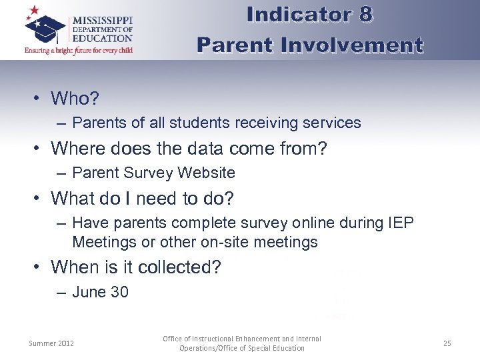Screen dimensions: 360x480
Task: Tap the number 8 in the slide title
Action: (364, 15)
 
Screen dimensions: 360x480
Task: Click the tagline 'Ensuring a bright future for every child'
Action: (79, 49)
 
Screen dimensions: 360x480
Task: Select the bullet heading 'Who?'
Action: (75, 99)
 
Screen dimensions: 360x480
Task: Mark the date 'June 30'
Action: (100, 292)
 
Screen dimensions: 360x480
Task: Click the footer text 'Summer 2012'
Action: (51, 343)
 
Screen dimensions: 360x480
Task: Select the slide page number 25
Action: (447, 343)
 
